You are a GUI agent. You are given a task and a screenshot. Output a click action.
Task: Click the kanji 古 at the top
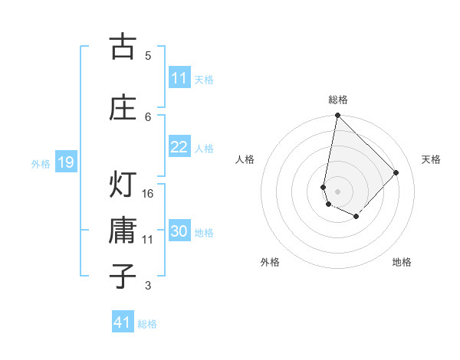click(123, 47)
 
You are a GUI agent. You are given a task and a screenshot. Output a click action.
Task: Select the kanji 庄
click(123, 107)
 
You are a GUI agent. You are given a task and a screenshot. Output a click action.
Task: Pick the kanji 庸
click(123, 231)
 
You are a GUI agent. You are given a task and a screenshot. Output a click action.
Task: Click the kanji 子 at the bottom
click(123, 275)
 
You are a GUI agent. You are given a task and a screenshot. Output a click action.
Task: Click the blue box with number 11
click(179, 78)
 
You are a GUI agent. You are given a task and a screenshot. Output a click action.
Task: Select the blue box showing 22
click(179, 147)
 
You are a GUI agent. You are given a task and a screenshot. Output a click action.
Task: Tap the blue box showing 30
click(179, 232)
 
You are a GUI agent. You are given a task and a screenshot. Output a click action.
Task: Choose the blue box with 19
click(65, 162)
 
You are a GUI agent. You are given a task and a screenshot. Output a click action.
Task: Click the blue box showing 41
click(123, 322)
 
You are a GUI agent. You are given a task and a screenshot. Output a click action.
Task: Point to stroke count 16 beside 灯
click(149, 193)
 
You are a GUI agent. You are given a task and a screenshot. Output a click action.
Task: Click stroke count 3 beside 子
click(148, 286)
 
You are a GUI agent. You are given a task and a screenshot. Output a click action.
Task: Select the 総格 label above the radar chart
click(338, 100)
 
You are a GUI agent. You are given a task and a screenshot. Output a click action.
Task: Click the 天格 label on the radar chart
click(431, 159)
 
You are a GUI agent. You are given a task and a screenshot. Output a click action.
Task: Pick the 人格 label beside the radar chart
click(245, 159)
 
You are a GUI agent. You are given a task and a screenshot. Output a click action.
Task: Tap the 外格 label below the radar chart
click(270, 262)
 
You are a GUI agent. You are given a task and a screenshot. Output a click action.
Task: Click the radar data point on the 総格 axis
click(337, 116)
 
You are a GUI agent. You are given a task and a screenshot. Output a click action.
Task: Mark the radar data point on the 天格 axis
click(396, 172)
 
